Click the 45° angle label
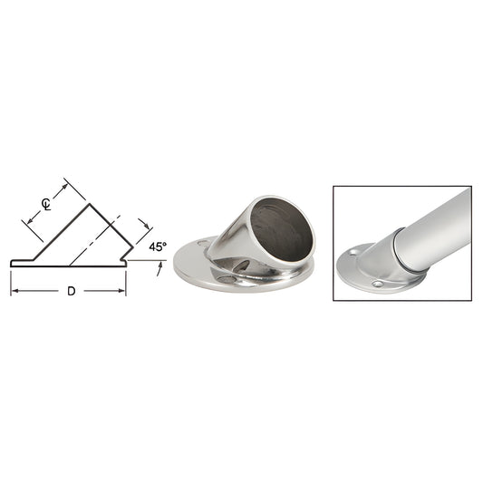pos(157,246)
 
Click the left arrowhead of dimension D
pos(14,291)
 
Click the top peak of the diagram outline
pos(88,203)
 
